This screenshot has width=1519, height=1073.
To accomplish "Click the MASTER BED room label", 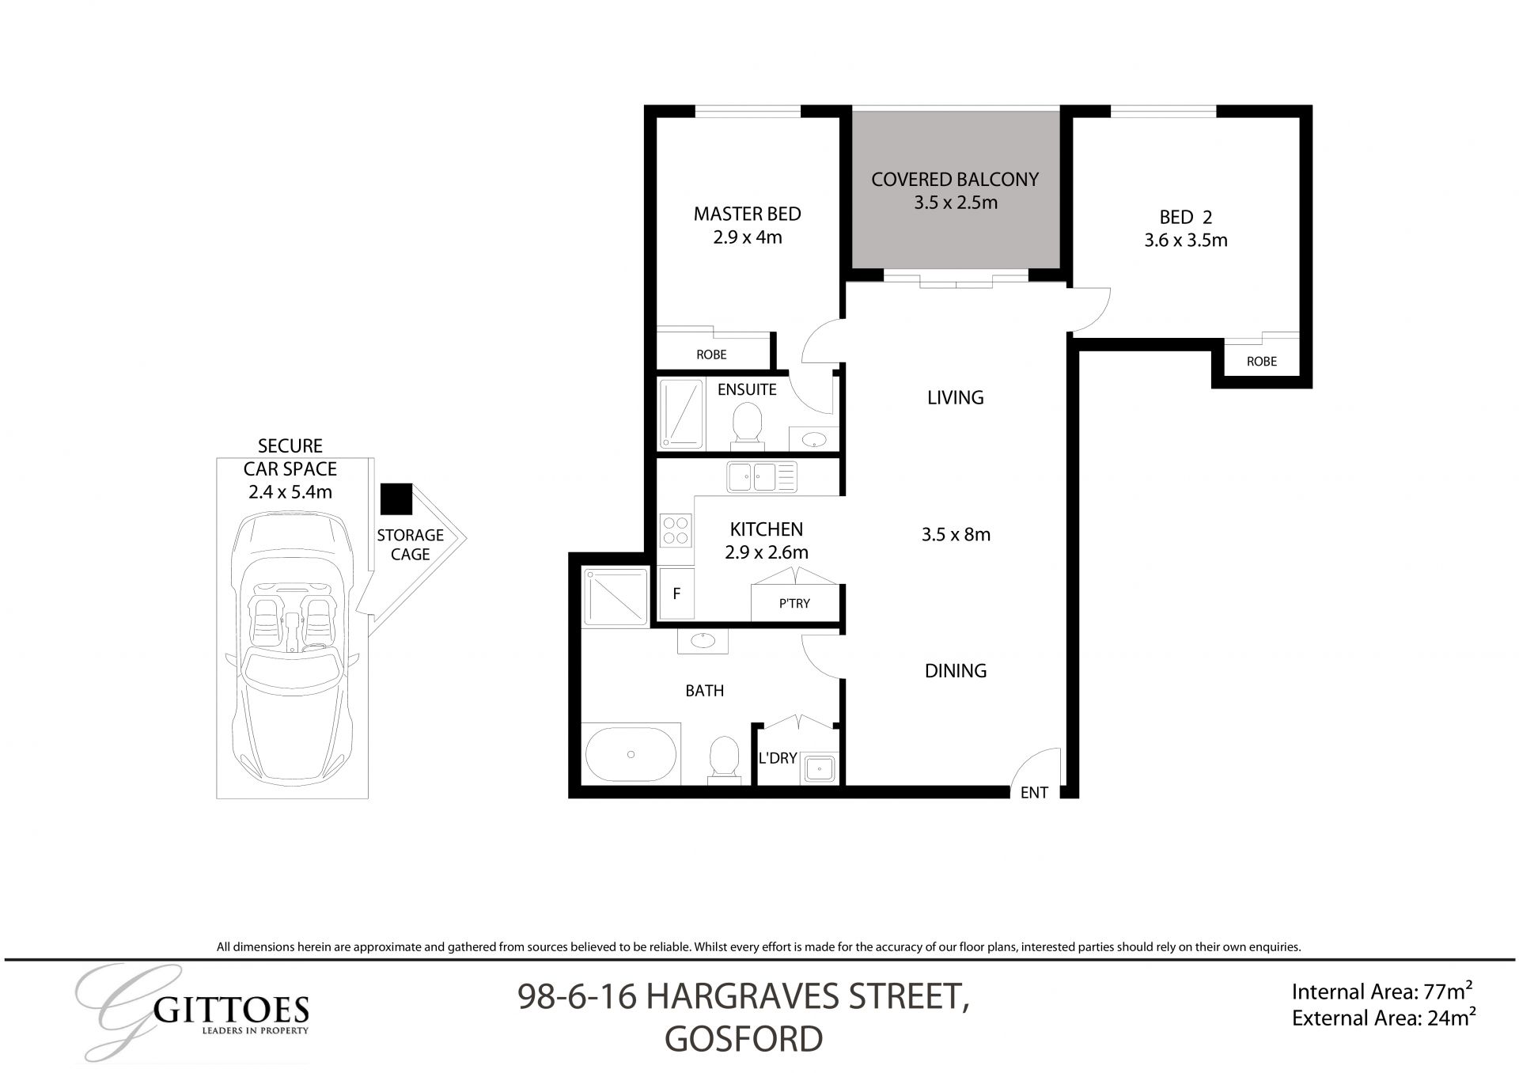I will (747, 214).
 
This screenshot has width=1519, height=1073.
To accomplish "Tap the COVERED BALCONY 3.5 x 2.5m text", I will (955, 191).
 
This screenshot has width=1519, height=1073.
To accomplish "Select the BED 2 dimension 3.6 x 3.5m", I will (1185, 241).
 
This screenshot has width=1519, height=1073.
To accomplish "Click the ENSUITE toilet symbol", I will (747, 424).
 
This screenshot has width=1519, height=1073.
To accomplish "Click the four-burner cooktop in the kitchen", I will (676, 530).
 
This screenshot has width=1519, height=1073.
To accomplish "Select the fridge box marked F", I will (676, 593).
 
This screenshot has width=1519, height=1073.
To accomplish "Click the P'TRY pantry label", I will (794, 604).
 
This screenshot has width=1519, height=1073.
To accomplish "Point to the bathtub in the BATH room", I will (631, 754).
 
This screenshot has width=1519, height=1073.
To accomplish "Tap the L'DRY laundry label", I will (777, 758).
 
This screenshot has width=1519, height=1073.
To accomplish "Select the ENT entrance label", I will (1034, 792).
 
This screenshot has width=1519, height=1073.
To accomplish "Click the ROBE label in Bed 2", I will (1261, 362).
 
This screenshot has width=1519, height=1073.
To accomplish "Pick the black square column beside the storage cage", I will (396, 499).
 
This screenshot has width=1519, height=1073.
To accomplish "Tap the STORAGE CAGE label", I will (410, 544).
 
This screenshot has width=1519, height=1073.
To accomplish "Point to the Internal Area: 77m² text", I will (1381, 991).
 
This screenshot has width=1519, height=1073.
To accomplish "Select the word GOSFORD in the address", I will (744, 1040).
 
